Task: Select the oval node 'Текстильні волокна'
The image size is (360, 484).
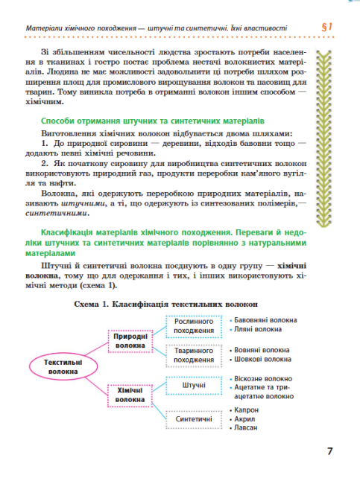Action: [57, 366]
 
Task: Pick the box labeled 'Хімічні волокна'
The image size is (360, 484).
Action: [130, 394]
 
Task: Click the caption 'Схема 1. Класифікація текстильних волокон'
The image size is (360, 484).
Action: [165, 304]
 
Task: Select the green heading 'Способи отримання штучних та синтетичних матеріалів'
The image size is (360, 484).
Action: [143, 121]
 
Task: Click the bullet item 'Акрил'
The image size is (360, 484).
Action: [244, 419]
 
